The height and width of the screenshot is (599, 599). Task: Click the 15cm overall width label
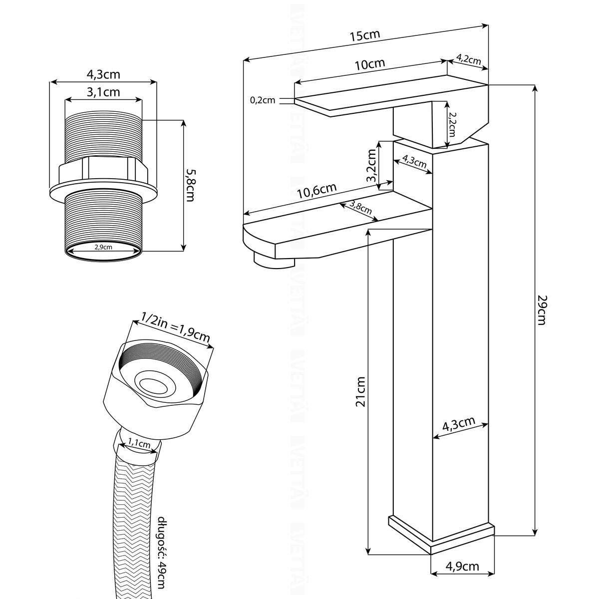(x=365, y=36)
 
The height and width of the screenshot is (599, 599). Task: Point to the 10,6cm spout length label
(x=317, y=192)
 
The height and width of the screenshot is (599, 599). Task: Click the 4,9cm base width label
(x=462, y=567)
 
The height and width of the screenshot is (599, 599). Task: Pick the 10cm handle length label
(x=369, y=64)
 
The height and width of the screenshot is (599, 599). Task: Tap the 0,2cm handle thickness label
(x=262, y=100)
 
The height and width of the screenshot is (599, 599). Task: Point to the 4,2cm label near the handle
(x=468, y=60)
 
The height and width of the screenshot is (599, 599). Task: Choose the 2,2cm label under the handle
(x=452, y=124)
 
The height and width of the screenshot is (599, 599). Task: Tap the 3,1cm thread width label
(x=103, y=92)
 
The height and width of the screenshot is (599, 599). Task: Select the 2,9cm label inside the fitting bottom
(x=103, y=247)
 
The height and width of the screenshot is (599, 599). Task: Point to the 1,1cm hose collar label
(x=139, y=443)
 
